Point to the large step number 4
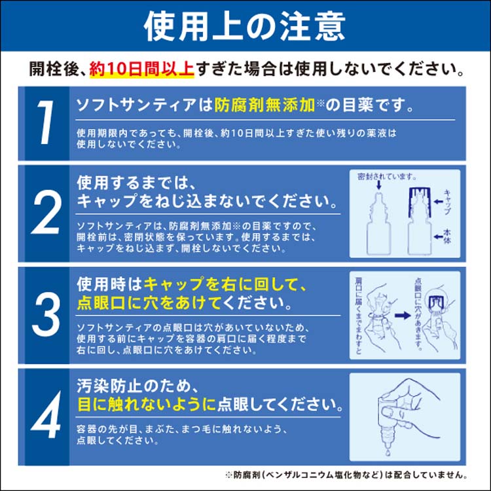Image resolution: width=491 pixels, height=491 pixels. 45,415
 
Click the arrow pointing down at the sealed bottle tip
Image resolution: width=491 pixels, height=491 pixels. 380,187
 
